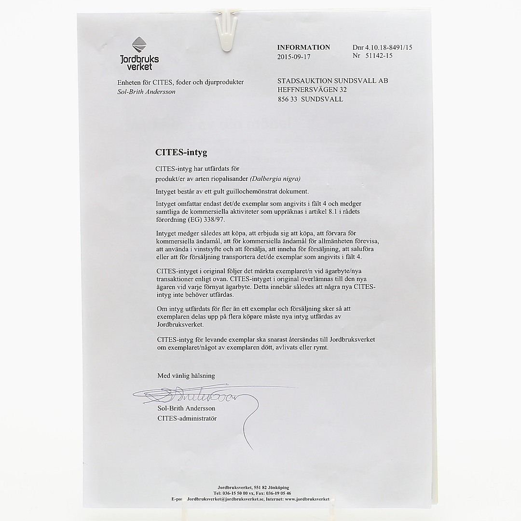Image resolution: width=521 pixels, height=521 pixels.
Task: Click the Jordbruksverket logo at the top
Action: [x=139, y=54]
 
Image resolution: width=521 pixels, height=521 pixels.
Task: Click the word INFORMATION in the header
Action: [x=303, y=47]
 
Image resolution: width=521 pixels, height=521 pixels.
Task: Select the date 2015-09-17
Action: [x=294, y=56]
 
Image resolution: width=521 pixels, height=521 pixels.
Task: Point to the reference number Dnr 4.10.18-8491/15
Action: [x=382, y=47]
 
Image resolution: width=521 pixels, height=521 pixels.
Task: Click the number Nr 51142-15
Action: [x=372, y=56]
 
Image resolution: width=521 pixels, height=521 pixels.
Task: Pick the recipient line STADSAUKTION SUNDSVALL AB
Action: [x=332, y=81]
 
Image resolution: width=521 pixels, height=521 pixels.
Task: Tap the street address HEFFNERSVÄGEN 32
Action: [x=312, y=90]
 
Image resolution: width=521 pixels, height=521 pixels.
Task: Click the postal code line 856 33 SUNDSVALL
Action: [x=310, y=99]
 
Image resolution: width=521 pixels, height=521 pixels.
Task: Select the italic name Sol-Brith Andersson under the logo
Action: [x=146, y=92]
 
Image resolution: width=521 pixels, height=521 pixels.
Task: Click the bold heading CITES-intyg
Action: [x=181, y=152]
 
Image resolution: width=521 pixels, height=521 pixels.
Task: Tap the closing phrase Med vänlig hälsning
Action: [x=186, y=375]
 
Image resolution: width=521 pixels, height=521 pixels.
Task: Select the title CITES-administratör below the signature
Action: [x=187, y=418]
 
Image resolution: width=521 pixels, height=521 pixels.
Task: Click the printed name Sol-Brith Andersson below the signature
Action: [x=186, y=409]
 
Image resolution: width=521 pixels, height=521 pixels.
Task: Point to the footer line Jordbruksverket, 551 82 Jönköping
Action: [x=253, y=488]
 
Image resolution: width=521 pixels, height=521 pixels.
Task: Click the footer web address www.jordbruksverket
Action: [x=307, y=499]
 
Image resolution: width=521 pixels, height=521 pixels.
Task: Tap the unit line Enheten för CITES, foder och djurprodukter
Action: [x=180, y=82]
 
